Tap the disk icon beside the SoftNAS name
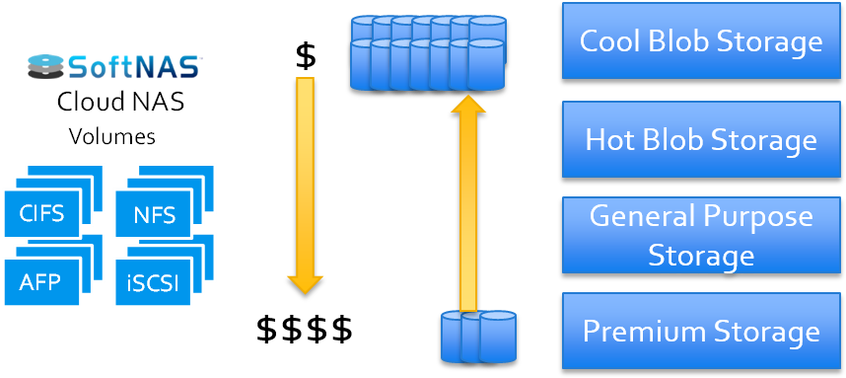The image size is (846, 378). pyautogui.click(x=45, y=66)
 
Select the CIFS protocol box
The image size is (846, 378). pyautogui.click(x=41, y=213)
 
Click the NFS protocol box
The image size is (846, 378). pyautogui.click(x=153, y=214)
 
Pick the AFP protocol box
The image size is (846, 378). pyautogui.click(x=41, y=282)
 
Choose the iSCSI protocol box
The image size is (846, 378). pyautogui.click(x=153, y=283)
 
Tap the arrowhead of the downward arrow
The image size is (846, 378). pyautogui.click(x=305, y=284)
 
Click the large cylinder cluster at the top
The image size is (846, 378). pyautogui.click(x=429, y=52)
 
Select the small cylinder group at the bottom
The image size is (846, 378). pyautogui.click(x=478, y=336)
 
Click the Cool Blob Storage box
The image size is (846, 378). pyautogui.click(x=701, y=40)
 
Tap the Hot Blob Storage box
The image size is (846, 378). pyautogui.click(x=701, y=138)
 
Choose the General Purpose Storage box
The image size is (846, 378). pyautogui.click(x=701, y=235)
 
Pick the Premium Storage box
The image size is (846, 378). pyautogui.click(x=701, y=331)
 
